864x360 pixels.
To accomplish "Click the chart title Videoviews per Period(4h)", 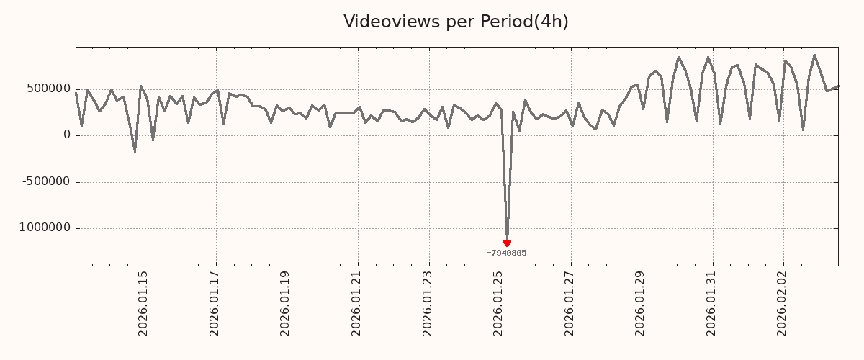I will pos(456,22).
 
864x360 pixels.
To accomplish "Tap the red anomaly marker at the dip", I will pos(507,243).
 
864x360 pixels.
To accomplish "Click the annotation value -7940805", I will pos(506,253).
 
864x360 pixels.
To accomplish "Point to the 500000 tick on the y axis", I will pos(49,89).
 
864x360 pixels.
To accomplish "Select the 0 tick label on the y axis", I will pos(67,135).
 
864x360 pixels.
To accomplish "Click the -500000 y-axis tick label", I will pos(47,181).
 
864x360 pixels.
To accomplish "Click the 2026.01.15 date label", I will pos(143,303).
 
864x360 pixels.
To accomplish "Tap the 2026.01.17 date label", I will pos(215,303).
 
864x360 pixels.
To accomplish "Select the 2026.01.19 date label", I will pos(285,303).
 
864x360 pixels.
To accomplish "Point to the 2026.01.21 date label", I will pos(356,303).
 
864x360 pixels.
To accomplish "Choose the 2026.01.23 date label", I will pos(428,303).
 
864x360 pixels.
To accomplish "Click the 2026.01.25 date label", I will pos(499,303).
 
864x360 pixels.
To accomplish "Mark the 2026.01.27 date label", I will pos(570,303).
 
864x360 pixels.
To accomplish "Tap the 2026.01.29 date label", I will pos(641,303).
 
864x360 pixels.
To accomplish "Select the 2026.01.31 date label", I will pos(712,303).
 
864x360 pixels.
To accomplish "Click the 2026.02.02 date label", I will pos(783,303).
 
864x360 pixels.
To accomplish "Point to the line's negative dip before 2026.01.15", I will pos(135,151).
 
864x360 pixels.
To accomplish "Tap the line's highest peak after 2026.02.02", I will pos(814,55).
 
